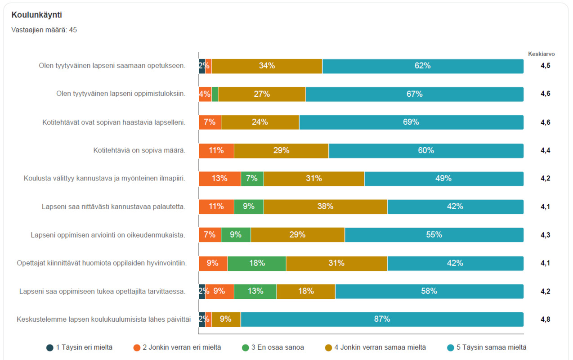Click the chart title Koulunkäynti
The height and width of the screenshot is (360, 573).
[36, 15]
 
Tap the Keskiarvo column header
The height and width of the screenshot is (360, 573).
[541, 54]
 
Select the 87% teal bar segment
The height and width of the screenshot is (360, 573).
[382, 319]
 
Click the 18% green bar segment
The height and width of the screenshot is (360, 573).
[257, 263]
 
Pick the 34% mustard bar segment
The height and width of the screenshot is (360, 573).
[267, 66]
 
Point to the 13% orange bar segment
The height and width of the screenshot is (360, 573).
[220, 179]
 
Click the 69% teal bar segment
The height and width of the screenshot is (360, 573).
[412, 122]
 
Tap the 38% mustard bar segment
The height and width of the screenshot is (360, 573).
[325, 207]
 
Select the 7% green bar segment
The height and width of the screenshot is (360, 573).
[252, 179]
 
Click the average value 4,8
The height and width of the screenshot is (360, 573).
[545, 319]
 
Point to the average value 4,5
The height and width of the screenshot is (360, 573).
[545, 66]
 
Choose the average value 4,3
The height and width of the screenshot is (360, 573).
[545, 235]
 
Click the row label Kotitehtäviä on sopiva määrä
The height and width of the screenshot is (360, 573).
[139, 150]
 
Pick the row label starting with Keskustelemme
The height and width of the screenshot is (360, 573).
[103, 319]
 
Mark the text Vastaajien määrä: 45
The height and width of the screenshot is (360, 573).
[44, 30]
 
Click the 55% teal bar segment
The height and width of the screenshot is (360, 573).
[434, 235]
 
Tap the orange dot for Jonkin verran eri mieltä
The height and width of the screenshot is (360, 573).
[137, 348]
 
